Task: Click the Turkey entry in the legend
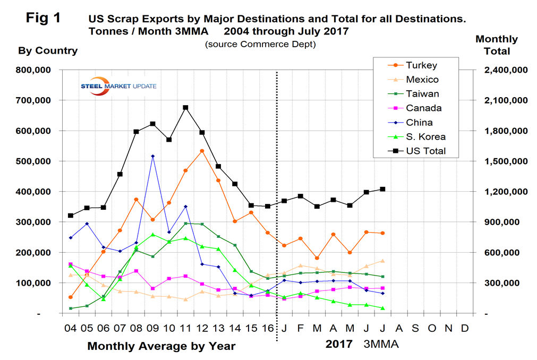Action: pyautogui.click(x=421, y=65)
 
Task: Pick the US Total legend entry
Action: pyautogui.click(x=425, y=151)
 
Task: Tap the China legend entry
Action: pyautogui.click(x=420, y=123)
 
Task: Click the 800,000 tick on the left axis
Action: pyautogui.click(x=35, y=70)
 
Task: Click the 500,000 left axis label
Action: pyautogui.click(x=35, y=161)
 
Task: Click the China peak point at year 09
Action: pyautogui.click(x=153, y=156)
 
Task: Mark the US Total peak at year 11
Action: pyautogui.click(x=185, y=107)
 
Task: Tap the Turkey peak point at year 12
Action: pyautogui.click(x=202, y=151)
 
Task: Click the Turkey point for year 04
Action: pyautogui.click(x=71, y=297)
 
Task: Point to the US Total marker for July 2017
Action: pyautogui.click(x=382, y=189)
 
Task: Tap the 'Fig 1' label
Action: pyautogui.click(x=43, y=18)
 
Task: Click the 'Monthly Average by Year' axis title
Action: pyautogui.click(x=161, y=346)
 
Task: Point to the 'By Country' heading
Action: pyautogui.click(x=48, y=51)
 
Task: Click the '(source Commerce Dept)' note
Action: pyautogui.click(x=260, y=45)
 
